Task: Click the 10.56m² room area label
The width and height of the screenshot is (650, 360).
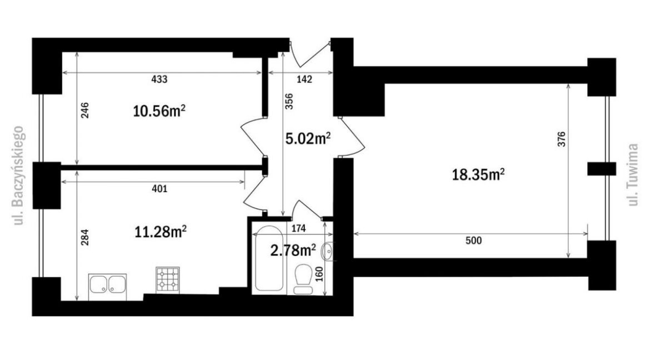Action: [159, 111]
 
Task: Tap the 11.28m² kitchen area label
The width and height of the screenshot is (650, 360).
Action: [161, 232]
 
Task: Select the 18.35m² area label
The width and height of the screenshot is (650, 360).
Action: [478, 174]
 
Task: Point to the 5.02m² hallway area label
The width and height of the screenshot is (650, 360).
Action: [308, 138]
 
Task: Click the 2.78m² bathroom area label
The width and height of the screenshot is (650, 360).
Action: [293, 250]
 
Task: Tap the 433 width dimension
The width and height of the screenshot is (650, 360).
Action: [159, 79]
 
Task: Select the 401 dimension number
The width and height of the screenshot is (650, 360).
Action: [159, 189]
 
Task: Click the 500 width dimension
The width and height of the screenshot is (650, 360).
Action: [473, 240]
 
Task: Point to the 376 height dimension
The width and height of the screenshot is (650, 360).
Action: [561, 139]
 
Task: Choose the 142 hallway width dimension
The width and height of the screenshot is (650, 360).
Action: [304, 79]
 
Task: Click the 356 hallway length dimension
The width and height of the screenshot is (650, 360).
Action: [289, 101]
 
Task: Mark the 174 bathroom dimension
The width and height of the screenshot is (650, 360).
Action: [298, 228]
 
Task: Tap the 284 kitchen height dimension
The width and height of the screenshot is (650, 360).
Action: [84, 237]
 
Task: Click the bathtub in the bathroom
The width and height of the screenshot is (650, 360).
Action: [269, 258]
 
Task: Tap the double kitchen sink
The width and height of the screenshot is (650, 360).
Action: [107, 286]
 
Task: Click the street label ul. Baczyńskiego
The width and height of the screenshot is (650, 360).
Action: [19, 176]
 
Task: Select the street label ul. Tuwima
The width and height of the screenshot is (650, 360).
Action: [632, 174]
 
